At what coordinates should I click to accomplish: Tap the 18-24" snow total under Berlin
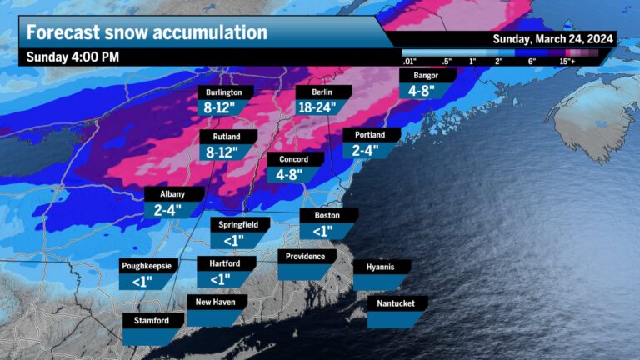(321, 107)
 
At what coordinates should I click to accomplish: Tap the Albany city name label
(172, 194)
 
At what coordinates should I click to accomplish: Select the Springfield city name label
(239, 224)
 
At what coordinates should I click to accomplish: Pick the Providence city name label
(306, 256)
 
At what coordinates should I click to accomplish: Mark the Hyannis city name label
(382, 267)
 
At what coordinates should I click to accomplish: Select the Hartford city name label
(220, 263)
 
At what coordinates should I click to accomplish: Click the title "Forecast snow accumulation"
(147, 32)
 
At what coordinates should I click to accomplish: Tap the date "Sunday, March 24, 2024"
(553, 39)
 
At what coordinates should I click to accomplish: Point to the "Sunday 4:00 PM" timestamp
(73, 57)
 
